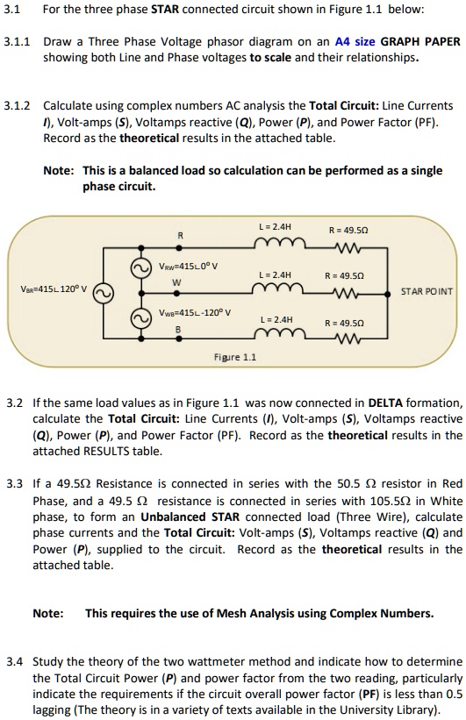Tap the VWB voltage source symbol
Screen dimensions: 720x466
(x=140, y=316)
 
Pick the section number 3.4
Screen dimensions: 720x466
(x=13, y=660)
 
